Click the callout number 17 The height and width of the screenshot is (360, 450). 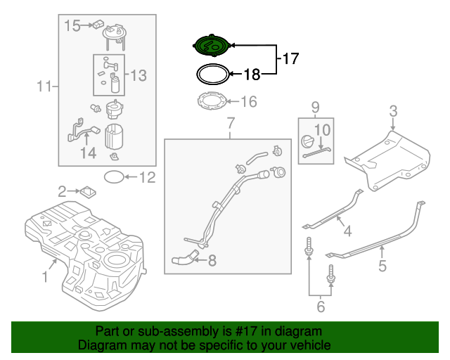[x=290, y=59]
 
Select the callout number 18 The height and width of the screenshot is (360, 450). [x=252, y=73]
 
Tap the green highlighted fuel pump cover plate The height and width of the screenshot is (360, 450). [x=212, y=46]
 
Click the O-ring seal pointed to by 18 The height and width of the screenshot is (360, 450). [x=212, y=73]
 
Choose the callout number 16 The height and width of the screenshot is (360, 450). [x=249, y=103]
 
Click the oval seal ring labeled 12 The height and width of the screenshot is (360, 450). [x=114, y=177]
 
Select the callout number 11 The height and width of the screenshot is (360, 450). [x=44, y=87]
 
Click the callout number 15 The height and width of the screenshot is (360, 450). [x=73, y=26]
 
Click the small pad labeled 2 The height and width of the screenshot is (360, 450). [x=89, y=190]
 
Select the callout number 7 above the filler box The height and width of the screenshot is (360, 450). [x=229, y=125]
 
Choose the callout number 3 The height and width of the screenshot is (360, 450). [x=393, y=110]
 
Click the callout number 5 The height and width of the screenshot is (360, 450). [x=382, y=266]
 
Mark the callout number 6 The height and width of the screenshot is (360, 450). [x=320, y=307]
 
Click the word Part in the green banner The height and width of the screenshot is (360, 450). [x=109, y=331]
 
